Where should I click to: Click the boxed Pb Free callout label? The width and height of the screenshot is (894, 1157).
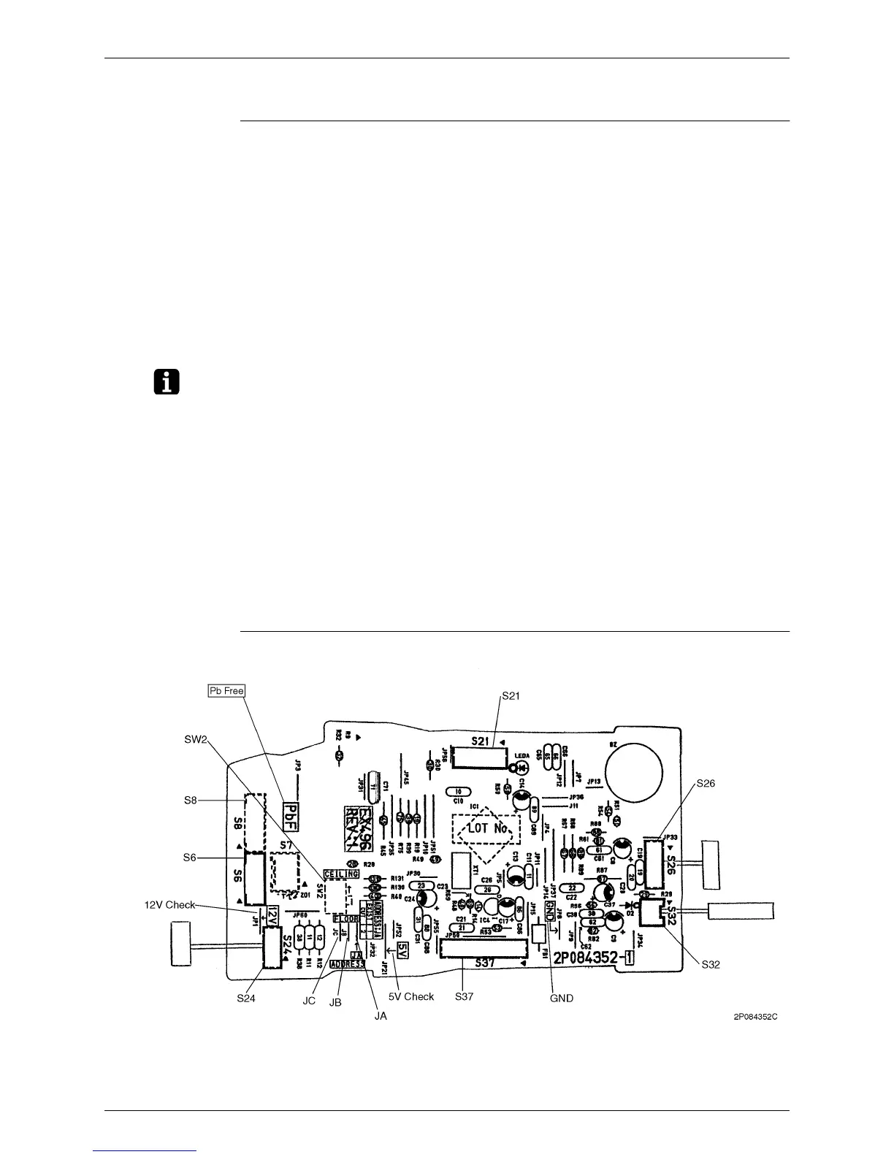pos(226,690)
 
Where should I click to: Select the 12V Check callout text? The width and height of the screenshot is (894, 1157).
pos(169,905)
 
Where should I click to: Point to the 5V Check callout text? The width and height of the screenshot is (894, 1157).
pos(411,996)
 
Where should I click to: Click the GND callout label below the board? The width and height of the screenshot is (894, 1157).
pos(561,997)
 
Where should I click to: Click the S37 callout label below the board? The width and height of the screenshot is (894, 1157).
pos(464,996)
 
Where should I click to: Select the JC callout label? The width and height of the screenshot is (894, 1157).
pos(309,1000)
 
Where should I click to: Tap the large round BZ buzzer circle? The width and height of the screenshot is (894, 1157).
pos(635,771)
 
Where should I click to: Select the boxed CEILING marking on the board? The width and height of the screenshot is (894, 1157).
pos(343,873)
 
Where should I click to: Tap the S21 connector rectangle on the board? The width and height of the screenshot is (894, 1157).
pos(478,757)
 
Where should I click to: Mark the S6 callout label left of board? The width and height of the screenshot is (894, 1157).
pos(190,858)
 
